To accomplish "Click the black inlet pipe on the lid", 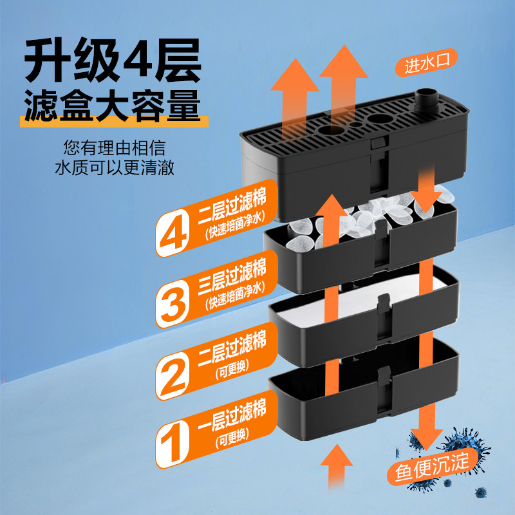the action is [426, 100].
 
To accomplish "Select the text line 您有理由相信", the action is [115, 147].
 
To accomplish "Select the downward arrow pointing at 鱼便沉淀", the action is [423, 425].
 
